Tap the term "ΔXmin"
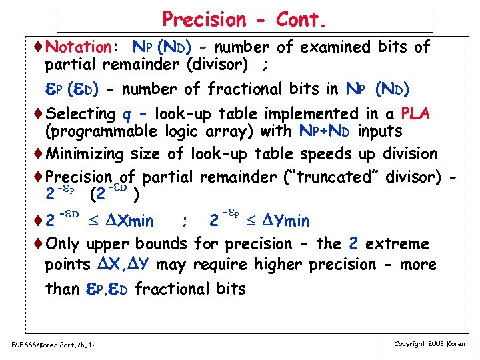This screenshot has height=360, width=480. (x=128, y=221)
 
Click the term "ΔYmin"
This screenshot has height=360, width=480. (x=282, y=221)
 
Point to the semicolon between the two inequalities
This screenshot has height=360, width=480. (x=183, y=221)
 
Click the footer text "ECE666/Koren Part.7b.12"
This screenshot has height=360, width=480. (x=54, y=345)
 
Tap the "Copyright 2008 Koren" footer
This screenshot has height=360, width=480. (x=429, y=344)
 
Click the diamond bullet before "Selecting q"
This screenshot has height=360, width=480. (x=38, y=114)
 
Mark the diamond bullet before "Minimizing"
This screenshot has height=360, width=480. (x=38, y=154)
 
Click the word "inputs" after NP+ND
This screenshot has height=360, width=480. (x=379, y=132)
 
